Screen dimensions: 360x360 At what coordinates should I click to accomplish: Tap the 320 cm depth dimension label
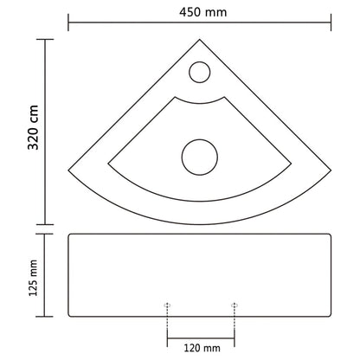coord(15,129)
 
